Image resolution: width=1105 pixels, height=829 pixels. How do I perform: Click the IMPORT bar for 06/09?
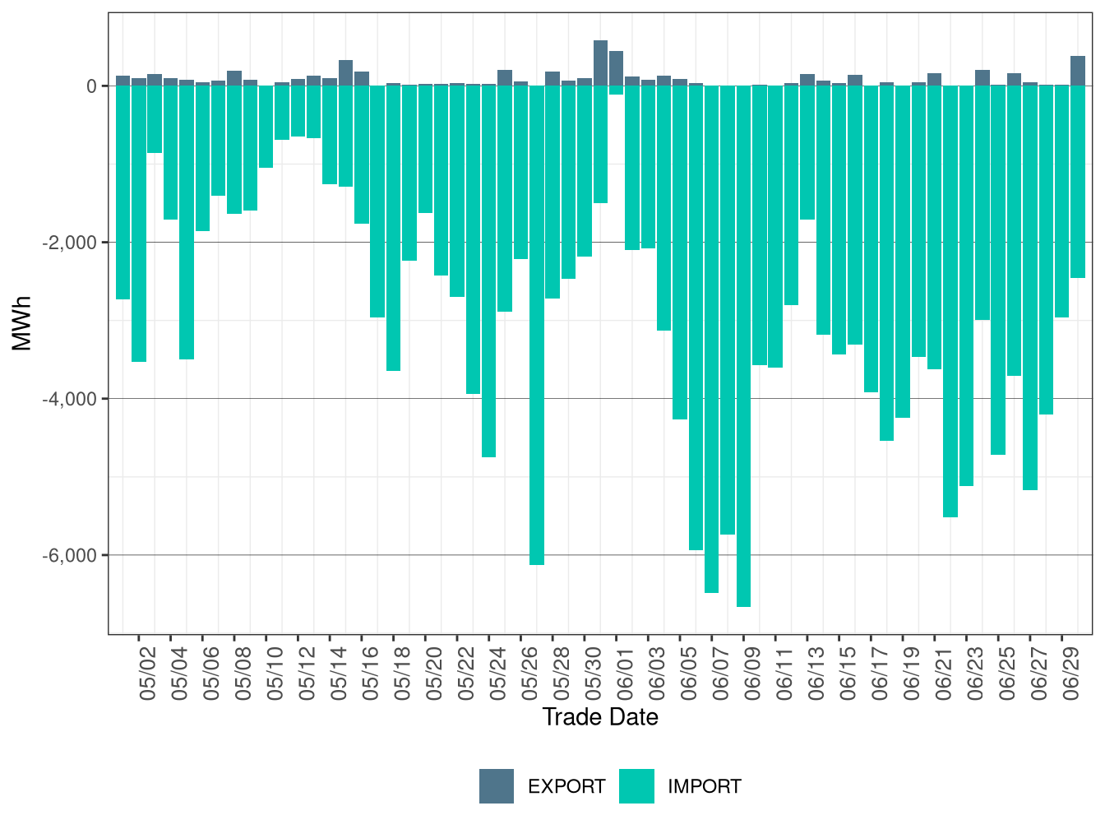click(x=743, y=345)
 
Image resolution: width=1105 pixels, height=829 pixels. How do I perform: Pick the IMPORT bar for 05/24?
click(x=489, y=271)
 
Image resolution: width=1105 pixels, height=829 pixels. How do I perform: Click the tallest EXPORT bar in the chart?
click(x=600, y=63)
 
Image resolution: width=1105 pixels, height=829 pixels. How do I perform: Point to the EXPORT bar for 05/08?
click(x=234, y=78)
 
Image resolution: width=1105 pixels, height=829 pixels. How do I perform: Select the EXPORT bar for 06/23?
click(x=982, y=78)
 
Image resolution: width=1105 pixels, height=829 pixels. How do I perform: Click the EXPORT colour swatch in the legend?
click(x=497, y=786)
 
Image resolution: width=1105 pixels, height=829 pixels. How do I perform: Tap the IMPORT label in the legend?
click(x=705, y=787)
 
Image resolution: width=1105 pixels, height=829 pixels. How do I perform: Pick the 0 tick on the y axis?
click(x=91, y=86)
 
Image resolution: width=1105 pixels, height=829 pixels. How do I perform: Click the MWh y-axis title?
click(x=22, y=323)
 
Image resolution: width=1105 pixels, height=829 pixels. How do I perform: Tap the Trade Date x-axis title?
click(x=600, y=717)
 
